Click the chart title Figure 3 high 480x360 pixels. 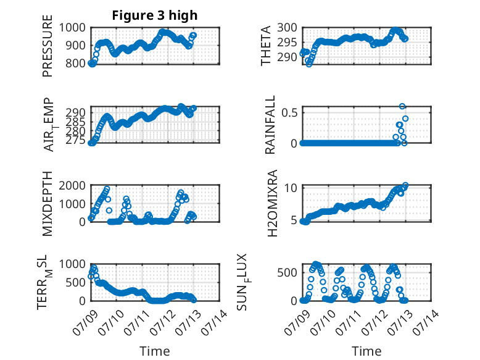point(155,15)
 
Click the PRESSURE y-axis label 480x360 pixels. point(48,46)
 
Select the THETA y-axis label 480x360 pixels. point(266,46)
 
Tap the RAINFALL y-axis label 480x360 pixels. point(270,125)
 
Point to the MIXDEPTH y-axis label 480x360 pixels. point(48,204)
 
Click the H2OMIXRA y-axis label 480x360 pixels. point(272,203)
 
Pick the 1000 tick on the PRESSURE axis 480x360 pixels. point(72,28)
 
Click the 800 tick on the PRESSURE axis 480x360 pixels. point(76,64)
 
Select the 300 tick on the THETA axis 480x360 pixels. point(288,28)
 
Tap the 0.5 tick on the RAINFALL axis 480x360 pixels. point(289,112)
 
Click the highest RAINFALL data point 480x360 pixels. point(402,106)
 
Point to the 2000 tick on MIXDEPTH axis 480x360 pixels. point(72,185)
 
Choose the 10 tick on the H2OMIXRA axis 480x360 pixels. point(291,188)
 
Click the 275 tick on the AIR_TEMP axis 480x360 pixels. point(76,140)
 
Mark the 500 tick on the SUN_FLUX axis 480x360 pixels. point(288,272)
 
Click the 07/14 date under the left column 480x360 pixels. point(214,322)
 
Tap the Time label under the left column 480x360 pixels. point(155,351)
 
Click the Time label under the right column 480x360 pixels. point(366,351)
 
